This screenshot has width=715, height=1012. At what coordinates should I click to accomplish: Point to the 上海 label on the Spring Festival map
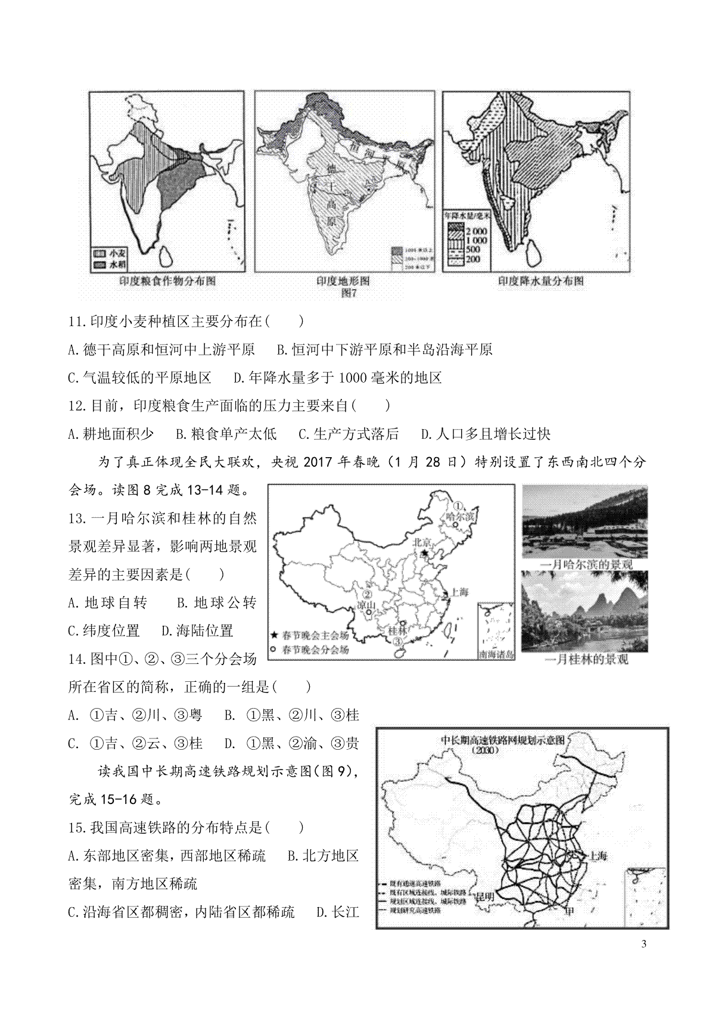(459, 592)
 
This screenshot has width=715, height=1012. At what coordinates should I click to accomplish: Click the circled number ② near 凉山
(368, 594)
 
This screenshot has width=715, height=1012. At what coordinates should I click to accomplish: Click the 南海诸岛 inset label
(496, 654)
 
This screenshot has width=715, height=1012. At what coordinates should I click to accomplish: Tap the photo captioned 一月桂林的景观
(585, 611)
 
